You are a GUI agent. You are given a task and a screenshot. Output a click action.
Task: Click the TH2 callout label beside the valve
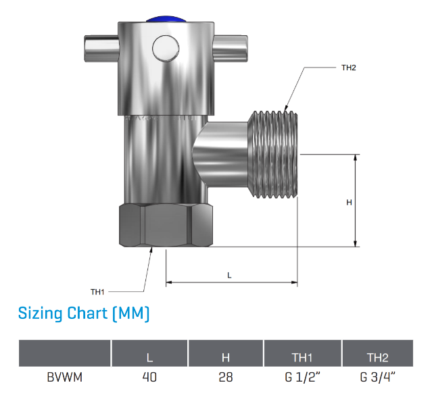[348, 68]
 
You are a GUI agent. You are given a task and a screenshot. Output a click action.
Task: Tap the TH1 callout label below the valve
[97, 292]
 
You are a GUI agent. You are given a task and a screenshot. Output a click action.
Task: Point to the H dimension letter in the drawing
[349, 203]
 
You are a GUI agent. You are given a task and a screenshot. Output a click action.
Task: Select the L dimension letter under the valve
[229, 275]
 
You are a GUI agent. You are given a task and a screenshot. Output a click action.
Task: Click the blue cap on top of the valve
[166, 19]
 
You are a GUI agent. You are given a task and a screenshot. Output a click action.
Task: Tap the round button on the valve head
[166, 48]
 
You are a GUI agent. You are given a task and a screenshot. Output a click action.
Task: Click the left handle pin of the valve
[101, 49]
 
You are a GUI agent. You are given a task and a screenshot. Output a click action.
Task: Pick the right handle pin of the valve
[230, 49]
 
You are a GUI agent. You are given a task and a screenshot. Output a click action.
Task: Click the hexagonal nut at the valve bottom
[166, 225]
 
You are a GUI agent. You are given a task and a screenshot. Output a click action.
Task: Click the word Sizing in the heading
[41, 313]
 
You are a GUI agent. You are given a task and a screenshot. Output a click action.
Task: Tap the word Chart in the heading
[87, 313]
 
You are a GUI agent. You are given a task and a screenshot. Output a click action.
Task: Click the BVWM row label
[65, 377]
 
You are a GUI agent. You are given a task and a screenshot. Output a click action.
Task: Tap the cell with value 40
[149, 377]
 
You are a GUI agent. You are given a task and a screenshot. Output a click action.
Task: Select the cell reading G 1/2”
[302, 377]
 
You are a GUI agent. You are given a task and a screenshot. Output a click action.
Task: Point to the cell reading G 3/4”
[378, 377]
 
